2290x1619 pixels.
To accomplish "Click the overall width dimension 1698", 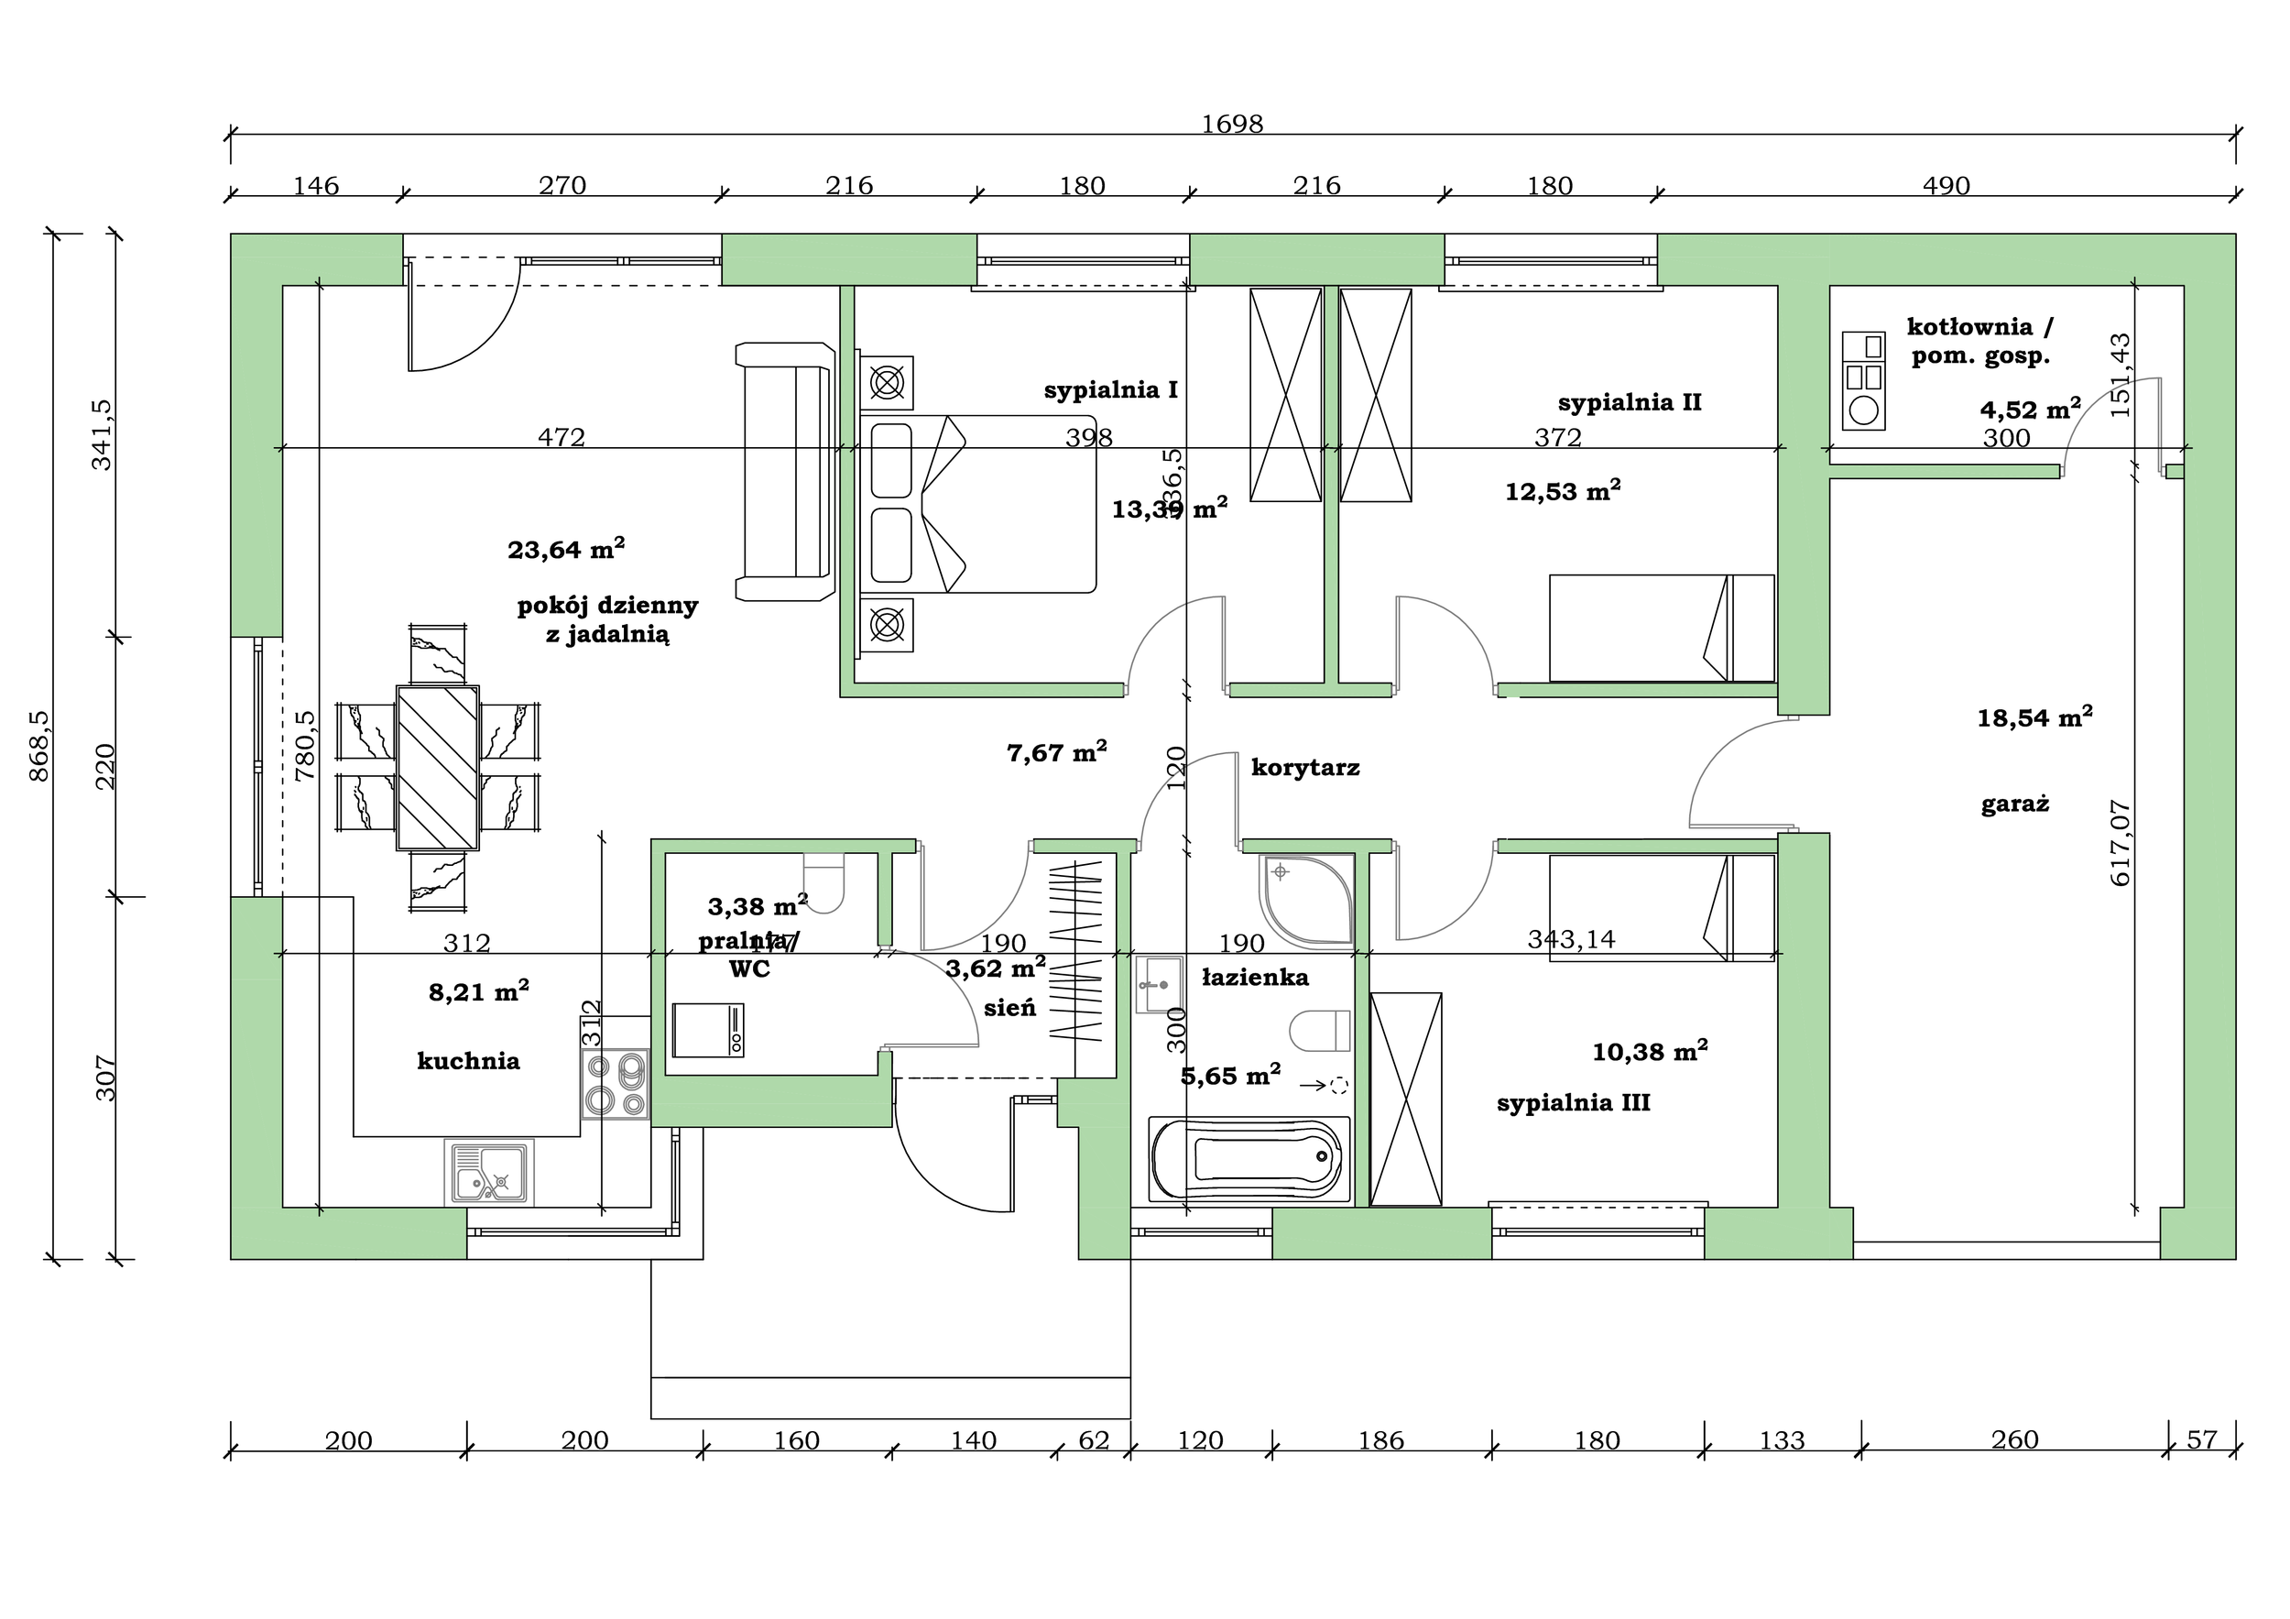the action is tap(1232, 124).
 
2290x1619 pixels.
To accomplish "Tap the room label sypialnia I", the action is tap(1110, 390).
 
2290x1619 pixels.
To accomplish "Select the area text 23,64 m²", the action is tap(565, 549).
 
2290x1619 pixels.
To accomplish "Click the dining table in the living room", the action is tap(438, 767).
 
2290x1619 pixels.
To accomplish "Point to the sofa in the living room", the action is tap(784, 472).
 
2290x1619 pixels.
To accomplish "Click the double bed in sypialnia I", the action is tap(977, 504).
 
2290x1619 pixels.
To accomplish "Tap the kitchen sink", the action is tap(489, 1173).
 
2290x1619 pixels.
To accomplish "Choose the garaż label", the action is tap(2014, 804).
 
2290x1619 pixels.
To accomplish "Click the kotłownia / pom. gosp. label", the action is tap(1979, 340).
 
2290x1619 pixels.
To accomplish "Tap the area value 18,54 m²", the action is tap(2034, 717).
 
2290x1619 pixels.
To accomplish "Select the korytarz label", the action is tap(1304, 768).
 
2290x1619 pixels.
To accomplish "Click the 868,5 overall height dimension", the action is tap(41, 746).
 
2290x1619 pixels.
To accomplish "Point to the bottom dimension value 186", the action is tap(1380, 1440).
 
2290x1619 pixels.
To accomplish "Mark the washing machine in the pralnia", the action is tap(707, 1031).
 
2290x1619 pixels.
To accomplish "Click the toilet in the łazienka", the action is tap(1320, 1032).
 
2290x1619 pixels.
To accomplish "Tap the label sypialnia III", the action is tap(1573, 1103).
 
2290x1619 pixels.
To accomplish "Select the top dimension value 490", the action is tap(1945, 186).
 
